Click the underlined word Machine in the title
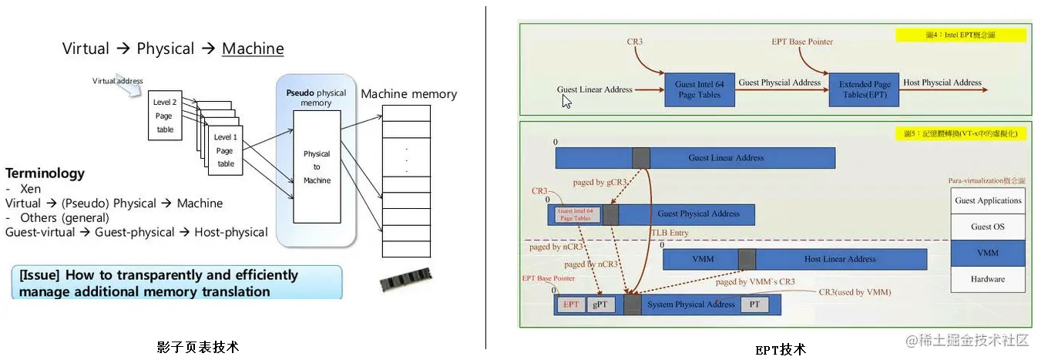click(253, 49)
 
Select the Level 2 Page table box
click(165, 116)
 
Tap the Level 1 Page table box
click(226, 150)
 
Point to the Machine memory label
click(408, 94)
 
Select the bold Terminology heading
click(45, 173)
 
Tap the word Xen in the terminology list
click(31, 189)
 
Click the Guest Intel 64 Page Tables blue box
click(698, 89)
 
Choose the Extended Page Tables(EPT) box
click(865, 89)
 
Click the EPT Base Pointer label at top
click(802, 42)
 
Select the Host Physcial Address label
click(942, 82)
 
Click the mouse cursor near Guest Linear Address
click(566, 101)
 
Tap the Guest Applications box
click(988, 200)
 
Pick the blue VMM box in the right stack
click(988, 253)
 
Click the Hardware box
click(988, 279)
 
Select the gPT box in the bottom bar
click(599, 304)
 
